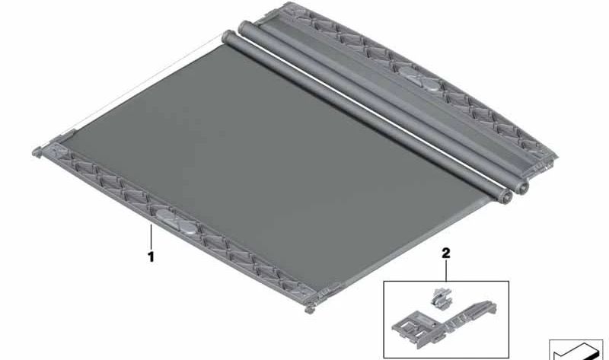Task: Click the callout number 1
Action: tap(151, 257)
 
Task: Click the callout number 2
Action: tap(445, 252)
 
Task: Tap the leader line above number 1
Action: tap(154, 241)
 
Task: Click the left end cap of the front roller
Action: tap(226, 37)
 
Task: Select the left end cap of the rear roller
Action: tap(244, 27)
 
